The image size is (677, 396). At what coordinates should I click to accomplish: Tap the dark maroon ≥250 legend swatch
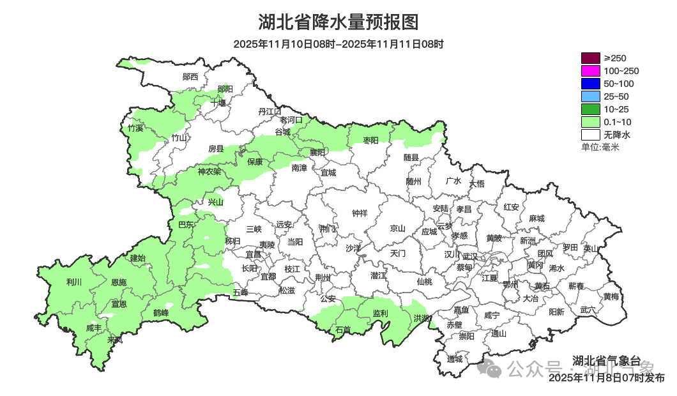591,58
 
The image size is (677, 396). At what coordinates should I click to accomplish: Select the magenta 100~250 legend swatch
591,71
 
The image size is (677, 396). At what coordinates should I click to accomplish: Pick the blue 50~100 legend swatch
591,84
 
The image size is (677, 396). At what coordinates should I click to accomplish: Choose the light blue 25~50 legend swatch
591,96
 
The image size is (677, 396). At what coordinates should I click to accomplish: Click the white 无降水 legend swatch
591,135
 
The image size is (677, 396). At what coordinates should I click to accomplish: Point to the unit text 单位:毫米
600,148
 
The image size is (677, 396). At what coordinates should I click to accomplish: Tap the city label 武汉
469,255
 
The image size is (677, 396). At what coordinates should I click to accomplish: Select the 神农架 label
209,171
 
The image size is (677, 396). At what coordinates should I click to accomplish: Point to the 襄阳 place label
317,152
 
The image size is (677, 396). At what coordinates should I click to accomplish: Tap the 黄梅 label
611,296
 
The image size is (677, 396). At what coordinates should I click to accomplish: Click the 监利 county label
380,313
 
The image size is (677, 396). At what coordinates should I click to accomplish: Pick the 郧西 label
190,77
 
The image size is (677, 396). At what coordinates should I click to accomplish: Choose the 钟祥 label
361,213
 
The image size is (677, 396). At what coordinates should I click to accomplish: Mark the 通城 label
455,358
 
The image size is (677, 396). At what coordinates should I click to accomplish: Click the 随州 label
414,181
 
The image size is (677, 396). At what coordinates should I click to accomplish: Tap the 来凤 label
115,340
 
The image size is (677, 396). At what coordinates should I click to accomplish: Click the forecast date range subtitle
338,44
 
